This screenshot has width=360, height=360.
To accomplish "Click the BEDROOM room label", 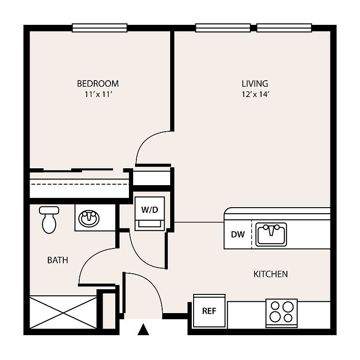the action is click(x=98, y=83).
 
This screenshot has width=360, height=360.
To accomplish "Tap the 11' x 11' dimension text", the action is click(x=98, y=94).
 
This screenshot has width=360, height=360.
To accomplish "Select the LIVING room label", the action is click(x=255, y=83).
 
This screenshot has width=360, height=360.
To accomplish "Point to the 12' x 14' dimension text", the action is click(x=255, y=94).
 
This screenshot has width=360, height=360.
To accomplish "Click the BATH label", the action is click(x=58, y=260).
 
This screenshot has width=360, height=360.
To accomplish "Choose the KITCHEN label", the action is click(x=270, y=274).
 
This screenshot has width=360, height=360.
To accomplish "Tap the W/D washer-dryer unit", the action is click(x=150, y=214).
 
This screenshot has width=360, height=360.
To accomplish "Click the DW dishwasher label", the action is click(x=238, y=234).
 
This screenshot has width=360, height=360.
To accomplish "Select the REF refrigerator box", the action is click(x=209, y=311).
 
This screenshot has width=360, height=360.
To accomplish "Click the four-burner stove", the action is click(x=281, y=313).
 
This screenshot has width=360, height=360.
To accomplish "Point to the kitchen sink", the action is click(x=271, y=234).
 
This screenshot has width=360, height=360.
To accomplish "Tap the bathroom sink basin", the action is click(x=89, y=218).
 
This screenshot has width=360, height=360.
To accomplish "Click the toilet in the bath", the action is click(x=49, y=220).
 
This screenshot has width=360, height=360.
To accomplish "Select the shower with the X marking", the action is click(x=63, y=312).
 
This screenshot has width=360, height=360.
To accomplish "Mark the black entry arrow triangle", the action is click(x=143, y=329).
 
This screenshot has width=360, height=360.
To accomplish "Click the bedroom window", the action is click(x=100, y=28).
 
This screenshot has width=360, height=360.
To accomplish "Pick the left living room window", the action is click(x=223, y=28).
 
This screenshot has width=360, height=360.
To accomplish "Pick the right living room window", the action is click(x=284, y=28).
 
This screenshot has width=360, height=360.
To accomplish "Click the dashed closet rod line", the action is click(x=79, y=184).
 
